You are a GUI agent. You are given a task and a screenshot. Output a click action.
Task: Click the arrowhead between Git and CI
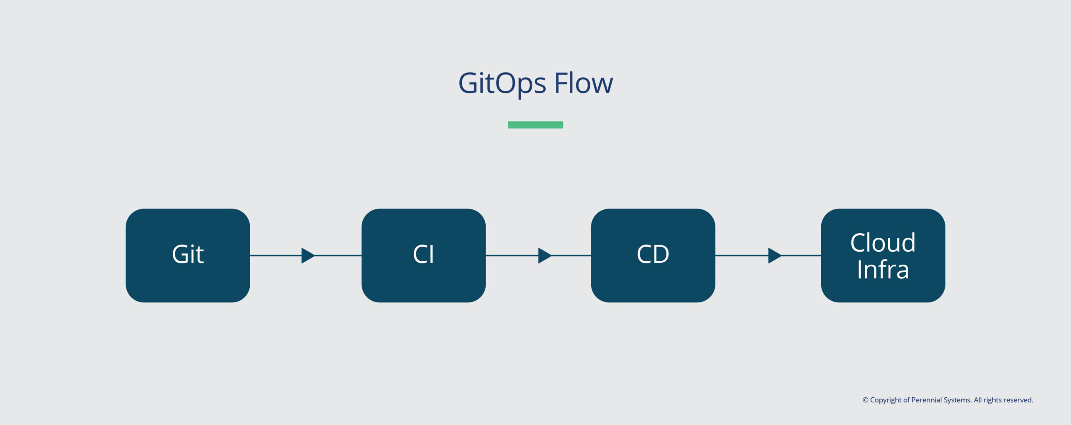coord(307,255)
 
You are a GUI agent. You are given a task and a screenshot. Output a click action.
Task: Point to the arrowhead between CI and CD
coord(544,255)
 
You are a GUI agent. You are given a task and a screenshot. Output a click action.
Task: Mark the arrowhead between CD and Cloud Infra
coord(774,255)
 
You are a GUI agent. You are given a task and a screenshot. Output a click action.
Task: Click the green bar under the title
coord(535,125)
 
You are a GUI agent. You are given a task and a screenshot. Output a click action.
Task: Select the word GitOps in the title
coord(502,83)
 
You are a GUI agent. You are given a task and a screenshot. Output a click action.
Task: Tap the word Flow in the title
coord(584,83)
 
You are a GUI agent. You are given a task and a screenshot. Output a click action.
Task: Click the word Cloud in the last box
coord(883,242)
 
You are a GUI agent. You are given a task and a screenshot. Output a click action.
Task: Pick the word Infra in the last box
coord(883,269)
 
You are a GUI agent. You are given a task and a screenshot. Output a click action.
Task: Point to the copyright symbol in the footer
coord(865,400)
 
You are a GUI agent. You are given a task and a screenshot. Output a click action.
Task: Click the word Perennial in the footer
coord(926,400)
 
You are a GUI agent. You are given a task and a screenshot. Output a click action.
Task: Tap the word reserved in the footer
coord(1017,400)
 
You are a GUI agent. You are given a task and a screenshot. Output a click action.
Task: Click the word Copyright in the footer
coord(886,400)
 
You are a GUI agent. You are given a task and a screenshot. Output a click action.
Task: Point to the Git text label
coord(188,254)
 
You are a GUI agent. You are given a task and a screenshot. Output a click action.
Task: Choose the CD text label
coord(653,254)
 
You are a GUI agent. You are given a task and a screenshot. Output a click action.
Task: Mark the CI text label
coord(423,254)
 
